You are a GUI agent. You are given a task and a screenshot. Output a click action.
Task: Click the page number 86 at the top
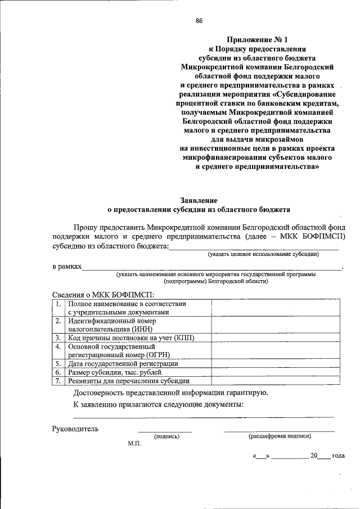[x=199, y=21]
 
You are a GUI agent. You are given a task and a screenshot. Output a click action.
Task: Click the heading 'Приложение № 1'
[x=259, y=39]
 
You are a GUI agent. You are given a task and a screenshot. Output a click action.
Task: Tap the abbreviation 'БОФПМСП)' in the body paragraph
[x=325, y=236]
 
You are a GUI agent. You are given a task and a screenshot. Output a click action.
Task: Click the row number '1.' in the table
[x=58, y=304]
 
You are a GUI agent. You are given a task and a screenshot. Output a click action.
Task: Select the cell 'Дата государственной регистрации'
[x=123, y=364]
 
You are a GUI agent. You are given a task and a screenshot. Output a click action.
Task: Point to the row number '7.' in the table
[x=58, y=381]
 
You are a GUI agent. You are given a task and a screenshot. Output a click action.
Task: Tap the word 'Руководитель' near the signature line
[x=75, y=429]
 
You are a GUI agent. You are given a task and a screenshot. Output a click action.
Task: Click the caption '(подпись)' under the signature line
[x=166, y=436]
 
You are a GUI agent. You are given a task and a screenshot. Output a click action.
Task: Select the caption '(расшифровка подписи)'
[x=280, y=436]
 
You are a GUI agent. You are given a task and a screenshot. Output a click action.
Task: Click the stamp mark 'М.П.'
[x=134, y=443]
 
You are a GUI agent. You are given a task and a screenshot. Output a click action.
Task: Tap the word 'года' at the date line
[x=338, y=456]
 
